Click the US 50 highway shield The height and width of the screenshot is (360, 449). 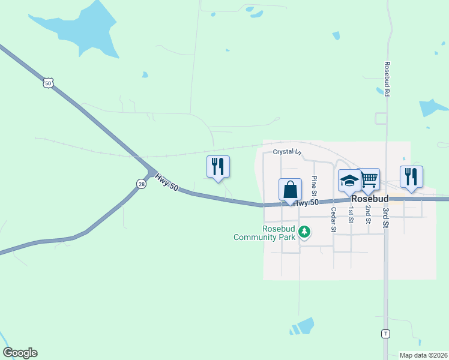pyautogui.click(x=48, y=83)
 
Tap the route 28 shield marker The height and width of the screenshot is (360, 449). pyautogui.click(x=140, y=184)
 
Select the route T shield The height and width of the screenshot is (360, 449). pyautogui.click(x=385, y=333)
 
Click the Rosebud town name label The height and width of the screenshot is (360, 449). pyautogui.click(x=370, y=198)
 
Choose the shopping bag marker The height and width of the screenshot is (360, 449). pyautogui.click(x=290, y=190)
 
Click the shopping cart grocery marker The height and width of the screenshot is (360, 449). pyautogui.click(x=369, y=179)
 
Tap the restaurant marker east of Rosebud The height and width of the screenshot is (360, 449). pyautogui.click(x=411, y=176)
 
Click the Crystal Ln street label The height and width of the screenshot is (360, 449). pyautogui.click(x=286, y=152)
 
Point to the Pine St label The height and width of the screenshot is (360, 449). pyautogui.click(x=314, y=186)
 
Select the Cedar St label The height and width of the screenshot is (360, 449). pyautogui.click(x=333, y=220)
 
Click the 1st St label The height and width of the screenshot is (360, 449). pyautogui.click(x=351, y=215)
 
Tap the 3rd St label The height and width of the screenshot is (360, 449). pyautogui.click(x=387, y=217)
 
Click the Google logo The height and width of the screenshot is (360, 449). pyautogui.click(x=20, y=353)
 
